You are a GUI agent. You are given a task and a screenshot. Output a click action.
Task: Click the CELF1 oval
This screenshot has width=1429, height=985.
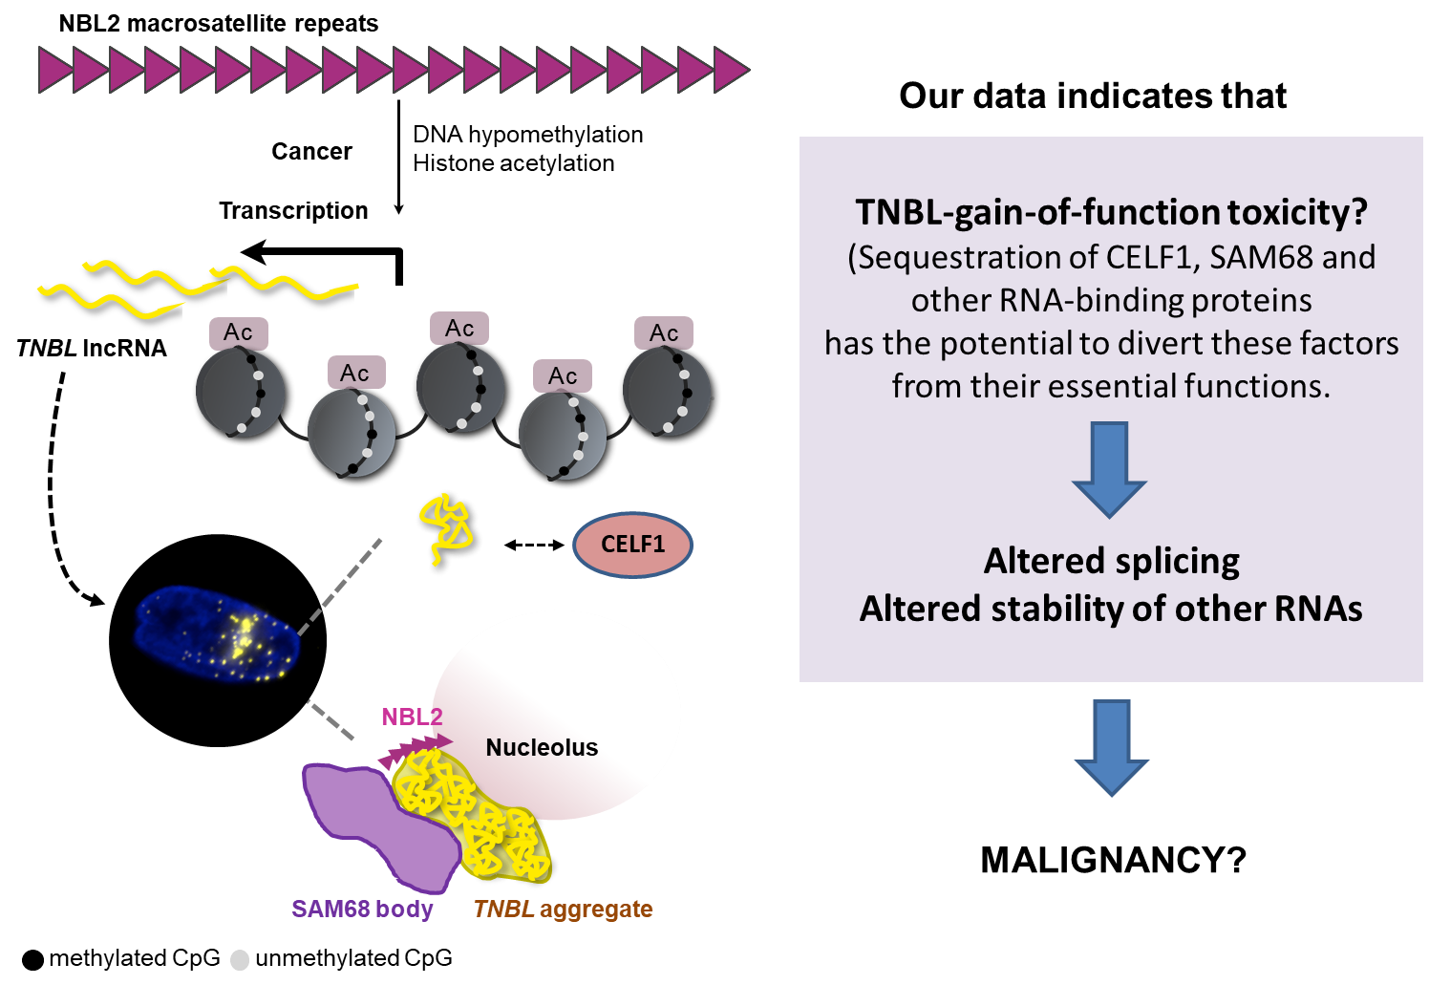632,545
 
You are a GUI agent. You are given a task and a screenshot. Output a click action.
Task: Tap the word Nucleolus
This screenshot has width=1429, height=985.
542,747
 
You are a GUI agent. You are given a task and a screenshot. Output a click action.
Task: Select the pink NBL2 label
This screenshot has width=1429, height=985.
412,717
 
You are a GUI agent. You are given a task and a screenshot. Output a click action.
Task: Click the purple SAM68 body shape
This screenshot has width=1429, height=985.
377,817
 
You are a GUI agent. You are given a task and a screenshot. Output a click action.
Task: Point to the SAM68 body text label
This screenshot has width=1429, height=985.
362,909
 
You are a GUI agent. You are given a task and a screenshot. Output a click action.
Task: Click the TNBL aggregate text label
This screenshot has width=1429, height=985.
563,909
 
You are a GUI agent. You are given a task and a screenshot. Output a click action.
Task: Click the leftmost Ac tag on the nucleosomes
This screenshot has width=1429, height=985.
239,332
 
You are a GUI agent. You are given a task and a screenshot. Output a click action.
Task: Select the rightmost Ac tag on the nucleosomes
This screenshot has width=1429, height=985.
664,333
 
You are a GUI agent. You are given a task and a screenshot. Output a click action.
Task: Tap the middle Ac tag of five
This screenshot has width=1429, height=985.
459,329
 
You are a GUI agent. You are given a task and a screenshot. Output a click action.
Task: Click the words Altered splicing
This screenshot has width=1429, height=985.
1112,561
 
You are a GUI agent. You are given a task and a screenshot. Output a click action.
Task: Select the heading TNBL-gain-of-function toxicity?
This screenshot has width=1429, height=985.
1111,211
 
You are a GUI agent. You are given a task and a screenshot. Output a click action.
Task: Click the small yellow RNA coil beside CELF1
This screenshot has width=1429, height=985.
446,528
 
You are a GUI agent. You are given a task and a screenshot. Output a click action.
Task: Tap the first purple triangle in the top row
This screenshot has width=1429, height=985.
55,70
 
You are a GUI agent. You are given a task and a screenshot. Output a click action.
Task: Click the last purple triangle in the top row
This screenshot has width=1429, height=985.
732,70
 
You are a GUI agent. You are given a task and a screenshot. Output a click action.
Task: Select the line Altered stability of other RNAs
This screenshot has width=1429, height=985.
1111,609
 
